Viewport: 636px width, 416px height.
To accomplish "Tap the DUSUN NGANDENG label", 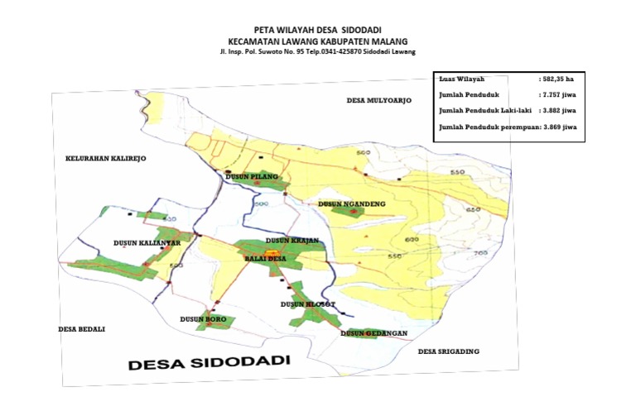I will pyautogui.click(x=349, y=203).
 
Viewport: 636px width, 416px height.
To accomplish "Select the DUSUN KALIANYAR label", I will pyautogui.click(x=142, y=243).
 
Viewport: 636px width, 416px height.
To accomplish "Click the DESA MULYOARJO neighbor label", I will pyautogui.click(x=378, y=100).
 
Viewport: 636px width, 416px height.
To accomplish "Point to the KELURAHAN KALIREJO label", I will pyautogui.click(x=104, y=157).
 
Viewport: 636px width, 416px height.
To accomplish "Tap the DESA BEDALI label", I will pyautogui.click(x=82, y=328).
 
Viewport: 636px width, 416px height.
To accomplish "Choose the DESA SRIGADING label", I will pyautogui.click(x=448, y=351).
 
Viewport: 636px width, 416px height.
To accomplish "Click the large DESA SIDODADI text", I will pyautogui.click(x=208, y=363).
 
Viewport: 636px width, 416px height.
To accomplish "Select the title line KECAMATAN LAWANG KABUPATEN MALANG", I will pyautogui.click(x=318, y=41).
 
